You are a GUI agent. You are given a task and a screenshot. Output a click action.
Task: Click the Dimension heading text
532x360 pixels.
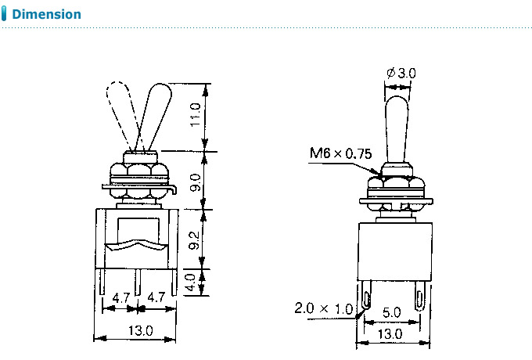46,14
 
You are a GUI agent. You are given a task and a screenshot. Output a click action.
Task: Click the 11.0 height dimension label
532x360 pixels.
196,115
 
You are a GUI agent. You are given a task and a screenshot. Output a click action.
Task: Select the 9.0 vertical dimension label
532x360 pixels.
196,182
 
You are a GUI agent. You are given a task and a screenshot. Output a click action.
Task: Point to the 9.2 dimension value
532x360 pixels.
194,240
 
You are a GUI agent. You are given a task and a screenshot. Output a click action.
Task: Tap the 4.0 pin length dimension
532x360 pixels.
191,283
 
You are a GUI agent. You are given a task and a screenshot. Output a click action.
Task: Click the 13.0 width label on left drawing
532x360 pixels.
141,330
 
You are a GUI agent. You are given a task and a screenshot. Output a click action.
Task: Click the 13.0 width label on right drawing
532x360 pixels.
390,334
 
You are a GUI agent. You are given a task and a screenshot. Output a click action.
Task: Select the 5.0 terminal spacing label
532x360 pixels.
391,312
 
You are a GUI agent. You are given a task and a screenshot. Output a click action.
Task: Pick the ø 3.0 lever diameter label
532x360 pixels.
401,73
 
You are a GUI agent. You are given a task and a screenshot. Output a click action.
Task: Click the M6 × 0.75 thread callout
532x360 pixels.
340,153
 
